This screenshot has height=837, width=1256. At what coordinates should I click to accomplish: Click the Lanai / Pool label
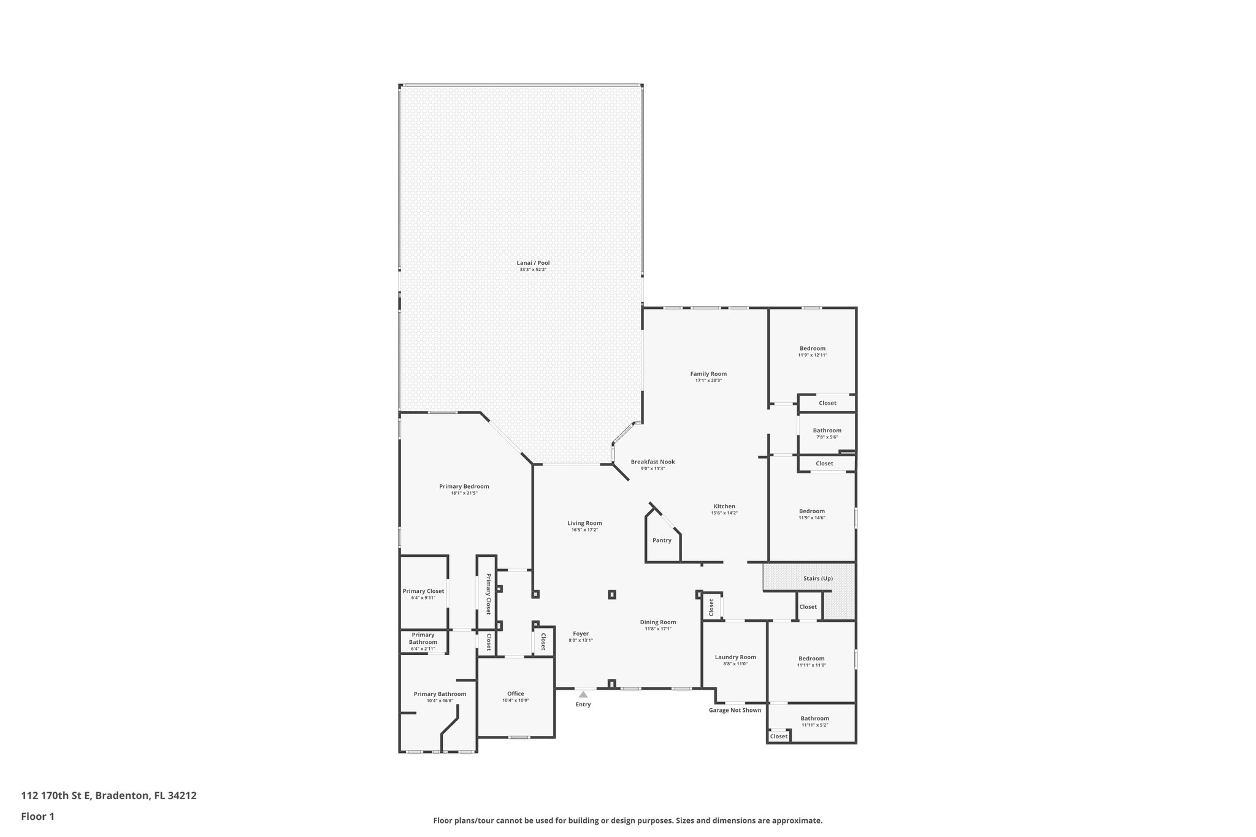click(x=533, y=263)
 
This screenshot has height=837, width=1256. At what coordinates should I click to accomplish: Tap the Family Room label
click(x=708, y=374)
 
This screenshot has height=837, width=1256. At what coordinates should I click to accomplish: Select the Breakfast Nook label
click(x=653, y=462)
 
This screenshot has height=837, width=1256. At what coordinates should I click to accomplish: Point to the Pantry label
click(x=662, y=540)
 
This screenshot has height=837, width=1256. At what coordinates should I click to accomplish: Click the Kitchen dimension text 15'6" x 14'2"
click(x=724, y=513)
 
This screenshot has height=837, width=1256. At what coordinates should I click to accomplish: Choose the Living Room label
click(x=584, y=523)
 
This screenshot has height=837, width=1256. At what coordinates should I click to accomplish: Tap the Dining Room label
click(x=658, y=622)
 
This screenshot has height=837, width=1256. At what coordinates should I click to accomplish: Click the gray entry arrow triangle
click(x=583, y=694)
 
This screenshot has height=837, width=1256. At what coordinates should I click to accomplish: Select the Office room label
click(x=515, y=694)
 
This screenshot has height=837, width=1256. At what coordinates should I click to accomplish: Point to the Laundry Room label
click(x=735, y=657)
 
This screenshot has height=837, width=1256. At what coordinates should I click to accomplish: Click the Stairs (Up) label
click(x=818, y=578)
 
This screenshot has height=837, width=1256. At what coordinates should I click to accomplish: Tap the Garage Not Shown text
click(x=735, y=710)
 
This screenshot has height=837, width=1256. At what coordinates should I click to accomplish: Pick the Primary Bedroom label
click(x=464, y=486)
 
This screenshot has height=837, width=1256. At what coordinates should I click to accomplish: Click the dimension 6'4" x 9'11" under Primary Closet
click(x=423, y=598)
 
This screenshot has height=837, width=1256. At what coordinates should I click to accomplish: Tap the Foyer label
click(x=581, y=633)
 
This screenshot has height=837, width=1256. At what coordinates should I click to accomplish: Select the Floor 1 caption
click(x=38, y=817)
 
